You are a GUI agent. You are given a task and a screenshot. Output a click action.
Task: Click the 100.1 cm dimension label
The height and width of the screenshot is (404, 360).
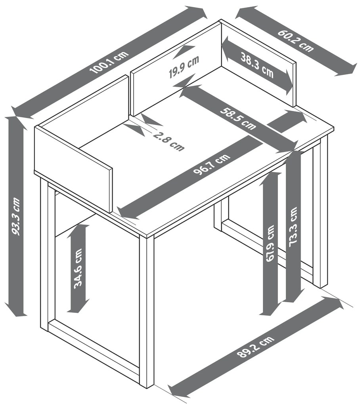109,62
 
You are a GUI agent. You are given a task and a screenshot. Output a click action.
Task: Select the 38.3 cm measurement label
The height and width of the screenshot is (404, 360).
257,65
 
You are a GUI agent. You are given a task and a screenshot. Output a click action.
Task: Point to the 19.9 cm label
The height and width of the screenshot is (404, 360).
184,67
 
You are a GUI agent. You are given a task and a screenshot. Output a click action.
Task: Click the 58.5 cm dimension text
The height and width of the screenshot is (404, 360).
238,119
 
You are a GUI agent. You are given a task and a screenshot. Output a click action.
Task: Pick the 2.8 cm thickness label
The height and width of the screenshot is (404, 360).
169,141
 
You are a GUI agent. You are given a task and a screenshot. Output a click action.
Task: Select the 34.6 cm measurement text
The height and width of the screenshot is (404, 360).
78,269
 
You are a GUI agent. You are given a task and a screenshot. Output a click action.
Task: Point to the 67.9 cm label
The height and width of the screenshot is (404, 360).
270,244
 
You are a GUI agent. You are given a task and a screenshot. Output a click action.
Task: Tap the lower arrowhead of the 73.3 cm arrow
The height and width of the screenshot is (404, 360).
293,296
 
